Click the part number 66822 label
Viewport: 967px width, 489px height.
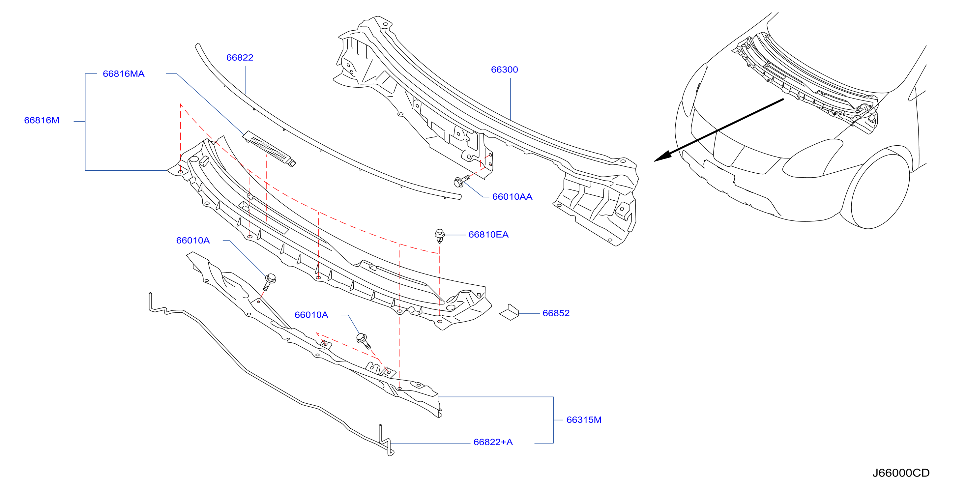click(x=240, y=57)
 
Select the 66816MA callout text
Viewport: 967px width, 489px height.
click(x=124, y=73)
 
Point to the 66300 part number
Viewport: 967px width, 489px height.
click(x=504, y=70)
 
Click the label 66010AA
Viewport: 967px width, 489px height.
click(x=512, y=197)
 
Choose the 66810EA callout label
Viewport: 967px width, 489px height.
click(x=488, y=235)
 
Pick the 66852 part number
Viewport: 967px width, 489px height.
click(x=556, y=313)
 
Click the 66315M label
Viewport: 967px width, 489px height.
click(x=584, y=419)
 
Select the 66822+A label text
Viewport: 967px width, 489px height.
click(x=493, y=442)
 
